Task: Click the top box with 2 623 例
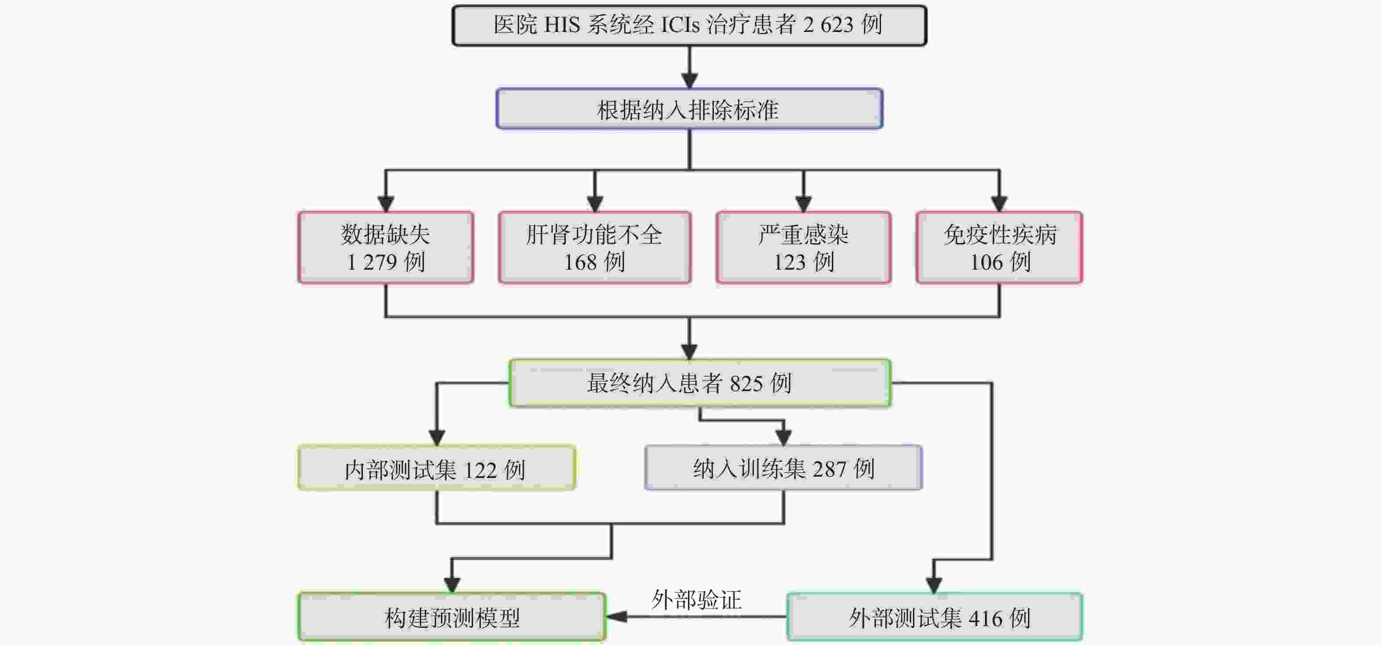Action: [x=689, y=25]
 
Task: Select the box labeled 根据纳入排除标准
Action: [x=689, y=109]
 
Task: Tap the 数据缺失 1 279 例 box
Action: [x=386, y=248]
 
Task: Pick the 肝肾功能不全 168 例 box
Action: [x=594, y=248]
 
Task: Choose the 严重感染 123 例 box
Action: [x=803, y=248]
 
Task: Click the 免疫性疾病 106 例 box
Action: [x=999, y=248]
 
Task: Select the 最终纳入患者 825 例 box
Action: [x=700, y=383]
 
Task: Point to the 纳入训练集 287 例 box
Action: [x=783, y=468]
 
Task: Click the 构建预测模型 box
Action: [x=452, y=617]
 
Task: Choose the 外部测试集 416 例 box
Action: [x=934, y=617]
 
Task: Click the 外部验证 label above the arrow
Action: [x=696, y=599]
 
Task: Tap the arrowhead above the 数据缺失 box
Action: [x=386, y=204]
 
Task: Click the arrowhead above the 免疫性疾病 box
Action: [x=999, y=204]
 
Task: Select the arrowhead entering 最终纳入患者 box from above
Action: [x=689, y=352]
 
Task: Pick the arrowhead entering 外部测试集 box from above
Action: [x=934, y=585]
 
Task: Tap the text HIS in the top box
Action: [x=562, y=25]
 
